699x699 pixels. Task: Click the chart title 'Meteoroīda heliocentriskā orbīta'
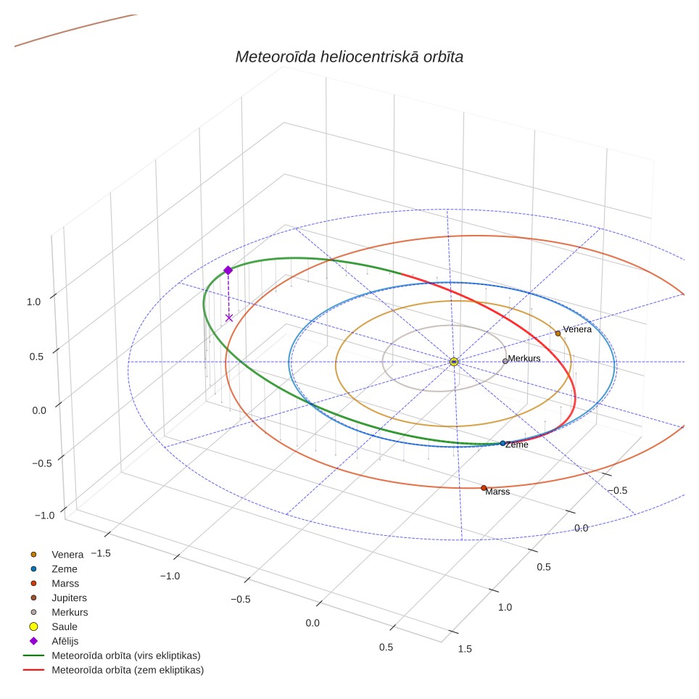coord(349,57)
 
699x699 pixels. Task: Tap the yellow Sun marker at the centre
coord(454,362)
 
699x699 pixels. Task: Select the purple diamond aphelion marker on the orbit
coord(228,270)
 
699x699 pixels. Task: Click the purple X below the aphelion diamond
coord(229,318)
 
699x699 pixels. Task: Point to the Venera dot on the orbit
coord(558,334)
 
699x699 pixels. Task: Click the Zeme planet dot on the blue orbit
coord(502,443)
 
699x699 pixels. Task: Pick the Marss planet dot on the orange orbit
coord(484,488)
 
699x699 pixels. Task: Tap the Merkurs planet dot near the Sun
coord(505,361)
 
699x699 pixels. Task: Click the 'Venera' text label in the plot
coord(577,329)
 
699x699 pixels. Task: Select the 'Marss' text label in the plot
coord(497,492)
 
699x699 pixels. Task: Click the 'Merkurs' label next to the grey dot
coord(524,358)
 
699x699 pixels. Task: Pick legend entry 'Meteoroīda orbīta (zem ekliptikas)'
coord(114,670)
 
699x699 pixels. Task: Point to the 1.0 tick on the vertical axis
coord(33,302)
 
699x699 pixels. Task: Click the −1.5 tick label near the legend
coord(101,553)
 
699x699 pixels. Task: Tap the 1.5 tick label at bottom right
coord(465,649)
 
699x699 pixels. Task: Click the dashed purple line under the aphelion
coord(228,295)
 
